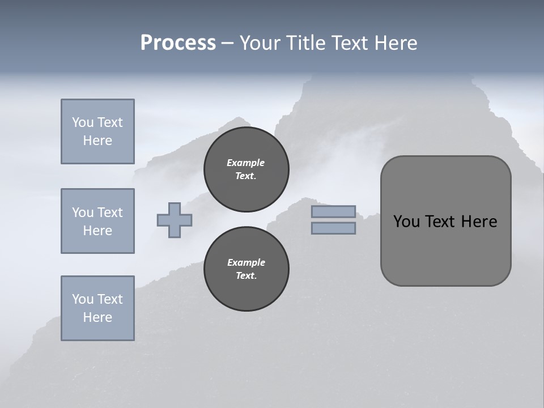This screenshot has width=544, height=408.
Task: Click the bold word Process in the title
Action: click(178, 43)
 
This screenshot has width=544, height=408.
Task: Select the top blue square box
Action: click(97, 131)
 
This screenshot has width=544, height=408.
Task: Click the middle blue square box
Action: click(97, 221)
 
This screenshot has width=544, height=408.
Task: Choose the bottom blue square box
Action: click(97, 308)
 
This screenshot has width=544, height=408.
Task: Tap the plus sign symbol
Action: click(175, 220)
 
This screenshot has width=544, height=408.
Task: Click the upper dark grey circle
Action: click(246, 169)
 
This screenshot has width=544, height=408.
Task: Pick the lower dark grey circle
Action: click(246, 269)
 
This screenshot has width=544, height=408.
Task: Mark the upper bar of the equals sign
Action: click(333, 211)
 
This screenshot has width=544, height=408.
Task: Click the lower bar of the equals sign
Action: click(333, 228)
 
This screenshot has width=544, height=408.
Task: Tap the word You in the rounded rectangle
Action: click(406, 222)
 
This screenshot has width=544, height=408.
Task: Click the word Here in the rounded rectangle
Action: click(479, 222)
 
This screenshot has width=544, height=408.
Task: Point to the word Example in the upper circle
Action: click(246, 163)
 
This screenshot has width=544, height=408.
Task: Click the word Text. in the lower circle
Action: click(246, 276)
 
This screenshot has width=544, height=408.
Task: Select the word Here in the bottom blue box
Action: click(97, 317)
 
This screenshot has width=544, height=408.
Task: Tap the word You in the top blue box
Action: click(82, 122)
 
